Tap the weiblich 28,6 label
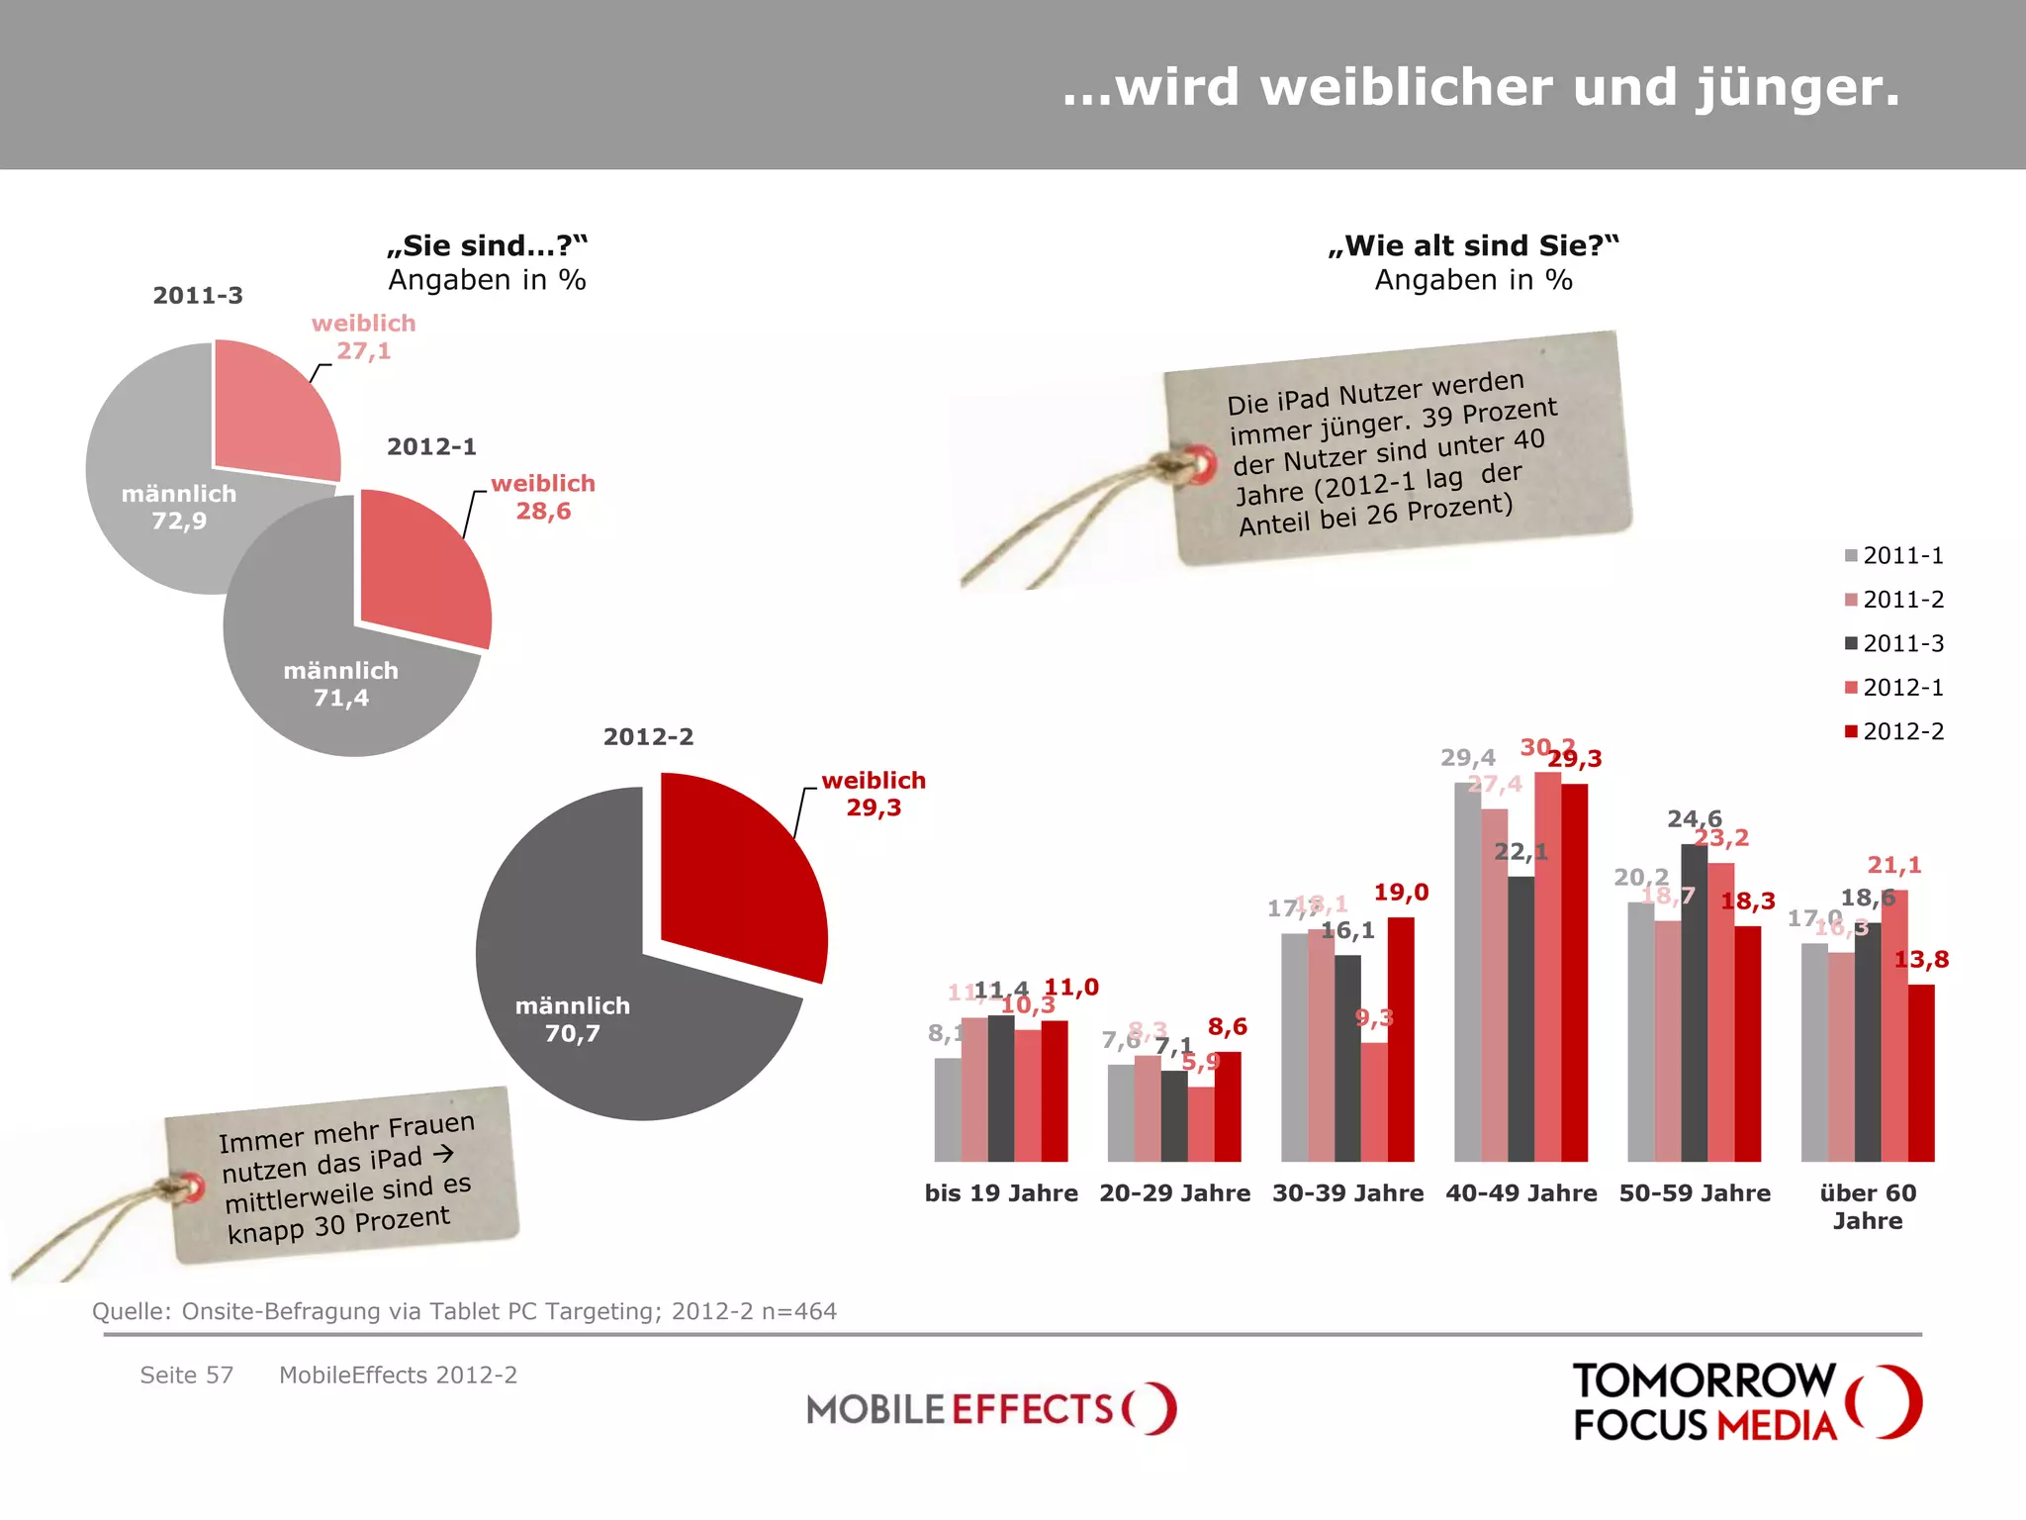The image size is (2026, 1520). (x=543, y=498)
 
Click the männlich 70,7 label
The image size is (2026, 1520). (x=572, y=1019)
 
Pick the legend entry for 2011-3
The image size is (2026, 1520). (x=1893, y=643)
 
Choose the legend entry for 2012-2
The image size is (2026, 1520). (x=1893, y=731)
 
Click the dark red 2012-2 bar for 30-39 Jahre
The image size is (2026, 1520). (x=1400, y=1039)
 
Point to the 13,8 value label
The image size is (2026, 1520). (x=1920, y=959)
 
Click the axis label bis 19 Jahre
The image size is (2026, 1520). (x=1000, y=1193)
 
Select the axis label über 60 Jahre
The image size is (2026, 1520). (x=1867, y=1206)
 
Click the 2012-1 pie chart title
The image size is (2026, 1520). (x=431, y=446)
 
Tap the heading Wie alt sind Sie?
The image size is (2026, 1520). (x=1472, y=245)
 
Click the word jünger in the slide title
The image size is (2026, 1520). (x=1797, y=88)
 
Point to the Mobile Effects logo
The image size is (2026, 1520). (x=990, y=1407)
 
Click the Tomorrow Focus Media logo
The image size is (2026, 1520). (x=1746, y=1401)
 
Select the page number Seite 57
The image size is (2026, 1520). (x=186, y=1375)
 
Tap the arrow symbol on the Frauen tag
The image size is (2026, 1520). (x=443, y=1153)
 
